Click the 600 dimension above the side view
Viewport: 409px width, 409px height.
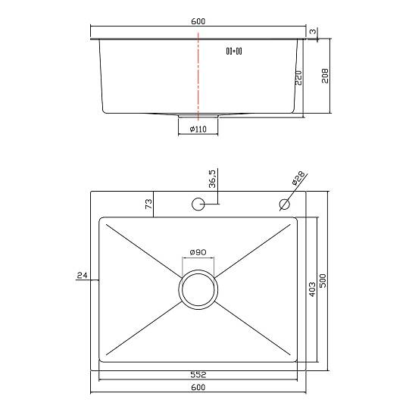coord(198,21)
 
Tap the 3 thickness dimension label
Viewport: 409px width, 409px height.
coord(313,31)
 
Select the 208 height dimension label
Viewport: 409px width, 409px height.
coord(325,76)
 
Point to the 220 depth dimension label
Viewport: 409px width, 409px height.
coord(298,78)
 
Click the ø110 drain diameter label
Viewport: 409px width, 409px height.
coord(198,129)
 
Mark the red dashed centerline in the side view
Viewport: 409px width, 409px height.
coord(198,76)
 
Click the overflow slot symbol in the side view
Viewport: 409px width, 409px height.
coord(234,52)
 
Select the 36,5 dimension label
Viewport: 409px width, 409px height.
coord(212,179)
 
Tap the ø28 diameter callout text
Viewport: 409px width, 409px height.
coord(298,178)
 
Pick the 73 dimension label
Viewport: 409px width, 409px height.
coord(148,204)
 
